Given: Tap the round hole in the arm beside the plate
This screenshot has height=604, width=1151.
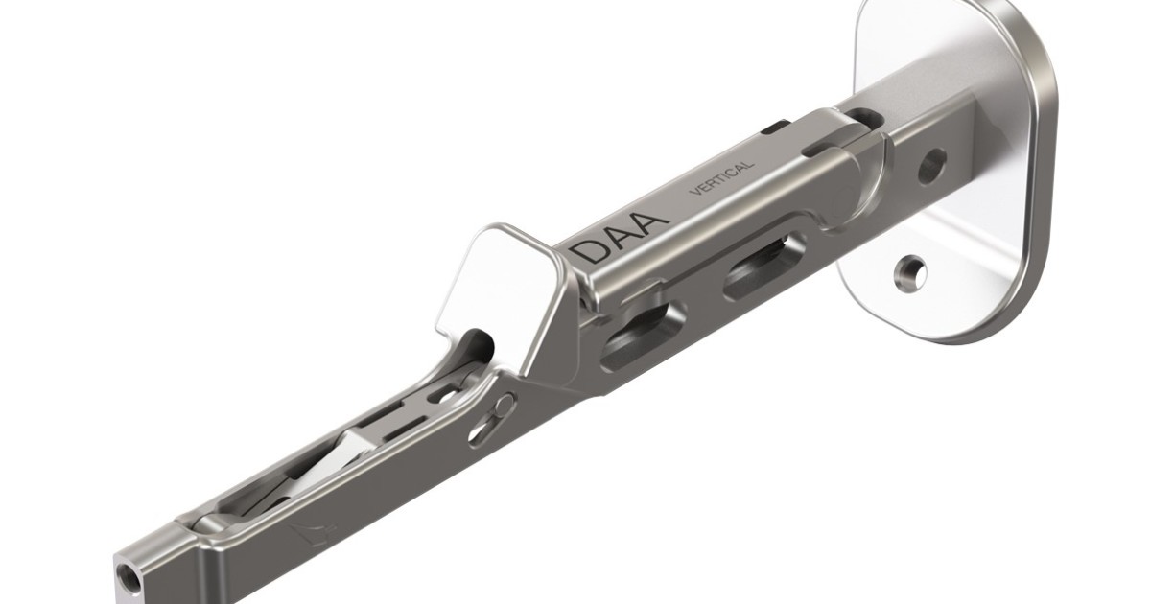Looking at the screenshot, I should pos(930,165).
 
